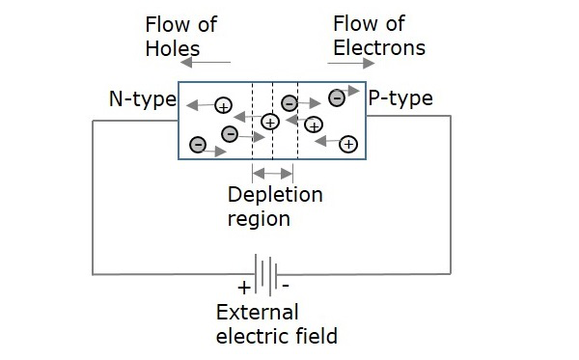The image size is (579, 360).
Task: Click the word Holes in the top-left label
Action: click(173, 48)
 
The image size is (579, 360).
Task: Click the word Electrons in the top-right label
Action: click(379, 48)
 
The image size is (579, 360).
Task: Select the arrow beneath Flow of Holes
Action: click(206, 63)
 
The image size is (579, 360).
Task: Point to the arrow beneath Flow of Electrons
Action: click(351, 63)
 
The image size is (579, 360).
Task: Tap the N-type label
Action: click(143, 99)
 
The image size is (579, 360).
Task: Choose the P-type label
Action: click(400, 98)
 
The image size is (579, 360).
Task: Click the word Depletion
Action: click(275, 195)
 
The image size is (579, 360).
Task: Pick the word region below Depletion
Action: click(259, 219)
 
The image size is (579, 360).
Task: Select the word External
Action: click(257, 313)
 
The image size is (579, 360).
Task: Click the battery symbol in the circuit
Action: click(266, 274)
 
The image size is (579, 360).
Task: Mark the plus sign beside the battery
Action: click(244, 288)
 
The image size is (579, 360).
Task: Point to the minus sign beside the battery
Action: click(286, 285)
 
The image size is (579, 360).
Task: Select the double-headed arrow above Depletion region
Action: click(272, 173)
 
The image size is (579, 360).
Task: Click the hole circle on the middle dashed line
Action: click(270, 122)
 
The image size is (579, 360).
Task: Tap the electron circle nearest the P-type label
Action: click(337, 98)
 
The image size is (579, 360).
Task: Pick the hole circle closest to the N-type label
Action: click(224, 106)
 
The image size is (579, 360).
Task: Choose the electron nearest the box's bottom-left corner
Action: click(198, 145)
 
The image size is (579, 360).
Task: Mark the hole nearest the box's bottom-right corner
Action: click(348, 144)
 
